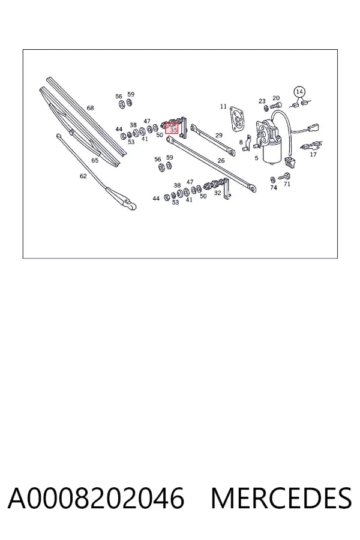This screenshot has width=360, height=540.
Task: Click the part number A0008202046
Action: click(96, 498)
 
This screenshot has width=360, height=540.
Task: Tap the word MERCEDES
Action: click(281, 498)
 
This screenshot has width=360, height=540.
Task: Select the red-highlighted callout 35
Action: click(172, 128)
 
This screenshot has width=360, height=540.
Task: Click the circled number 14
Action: click(299, 92)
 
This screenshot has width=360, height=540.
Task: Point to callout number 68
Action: click(90, 108)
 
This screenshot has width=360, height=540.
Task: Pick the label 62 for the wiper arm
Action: click(83, 176)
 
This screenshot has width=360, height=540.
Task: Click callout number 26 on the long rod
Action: click(221, 160)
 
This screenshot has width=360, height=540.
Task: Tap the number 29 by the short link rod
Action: click(219, 135)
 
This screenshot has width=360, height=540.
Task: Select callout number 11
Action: click(223, 106)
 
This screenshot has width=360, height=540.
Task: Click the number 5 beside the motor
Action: click(256, 158)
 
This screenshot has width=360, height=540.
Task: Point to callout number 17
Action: click(313, 154)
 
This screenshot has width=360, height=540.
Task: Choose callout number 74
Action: click(274, 187)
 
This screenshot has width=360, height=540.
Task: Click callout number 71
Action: click(287, 184)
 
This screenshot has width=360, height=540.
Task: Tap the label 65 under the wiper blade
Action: click(95, 160)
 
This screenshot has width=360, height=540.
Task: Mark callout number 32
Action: click(217, 193)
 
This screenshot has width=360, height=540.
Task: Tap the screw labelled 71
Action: click(284, 176)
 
